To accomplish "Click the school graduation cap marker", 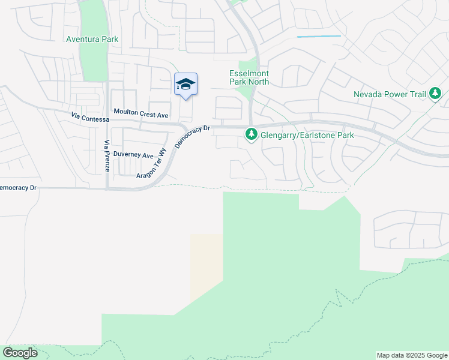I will point(185,85).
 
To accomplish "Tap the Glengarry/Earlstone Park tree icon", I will point(252,135).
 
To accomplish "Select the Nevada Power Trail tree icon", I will point(435,94).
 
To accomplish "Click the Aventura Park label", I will point(92,39).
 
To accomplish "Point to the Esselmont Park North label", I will point(249,77).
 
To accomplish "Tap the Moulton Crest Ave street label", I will point(142,114).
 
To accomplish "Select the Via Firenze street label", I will point(107,156).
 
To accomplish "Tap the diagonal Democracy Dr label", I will point(192,137).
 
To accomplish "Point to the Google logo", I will point(20,353).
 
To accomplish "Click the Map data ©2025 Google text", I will point(412,355).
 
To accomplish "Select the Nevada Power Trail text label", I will point(390,94).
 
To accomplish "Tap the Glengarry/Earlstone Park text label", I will point(307,135).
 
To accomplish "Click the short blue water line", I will point(319,37).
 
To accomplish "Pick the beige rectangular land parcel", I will point(206,267).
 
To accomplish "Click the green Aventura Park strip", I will point(92,60).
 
